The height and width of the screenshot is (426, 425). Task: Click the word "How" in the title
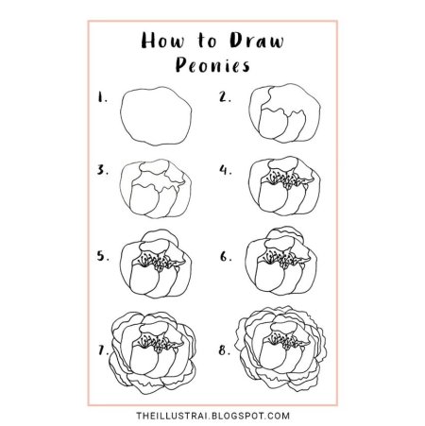pyautogui.click(x=162, y=41)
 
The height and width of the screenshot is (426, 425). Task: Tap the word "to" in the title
pyautogui.click(x=207, y=41)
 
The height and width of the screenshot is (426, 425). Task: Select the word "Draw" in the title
pyautogui.click(x=257, y=41)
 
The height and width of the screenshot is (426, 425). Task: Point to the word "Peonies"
pyautogui.click(x=212, y=65)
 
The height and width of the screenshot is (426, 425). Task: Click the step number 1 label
pyautogui.click(x=102, y=97)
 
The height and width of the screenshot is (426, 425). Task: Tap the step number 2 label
pyautogui.click(x=225, y=97)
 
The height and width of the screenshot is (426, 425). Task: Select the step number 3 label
pyautogui.click(x=103, y=170)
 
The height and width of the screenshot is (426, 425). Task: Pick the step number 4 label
pyautogui.click(x=226, y=170)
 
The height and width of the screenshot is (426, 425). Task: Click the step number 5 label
pyautogui.click(x=103, y=256)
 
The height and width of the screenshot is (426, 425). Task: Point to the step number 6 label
pyautogui.click(x=226, y=257)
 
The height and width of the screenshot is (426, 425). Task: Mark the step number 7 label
pyautogui.click(x=103, y=350)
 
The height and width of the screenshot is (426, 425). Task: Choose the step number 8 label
pyautogui.click(x=225, y=350)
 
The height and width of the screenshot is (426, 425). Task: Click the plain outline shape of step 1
pyautogui.click(x=121, y=116)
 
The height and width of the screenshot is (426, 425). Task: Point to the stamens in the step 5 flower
pyautogui.click(x=156, y=262)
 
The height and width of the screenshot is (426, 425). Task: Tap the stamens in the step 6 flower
pyautogui.click(x=281, y=259)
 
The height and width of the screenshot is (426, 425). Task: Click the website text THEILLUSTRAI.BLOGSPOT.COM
pyautogui.click(x=212, y=416)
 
